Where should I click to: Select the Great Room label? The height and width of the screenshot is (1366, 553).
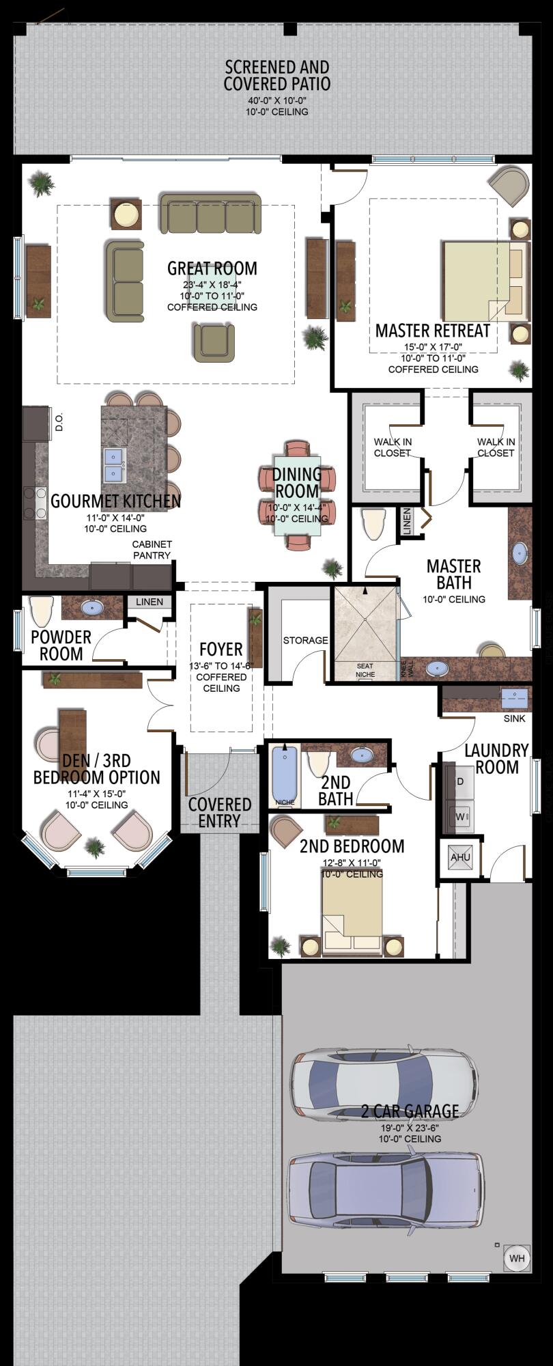tap(212, 268)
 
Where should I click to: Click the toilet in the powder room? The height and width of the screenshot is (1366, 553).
tap(42, 610)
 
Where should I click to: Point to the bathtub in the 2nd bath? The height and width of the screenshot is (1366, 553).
tap(285, 775)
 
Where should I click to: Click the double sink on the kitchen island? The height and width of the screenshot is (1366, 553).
tap(114, 465)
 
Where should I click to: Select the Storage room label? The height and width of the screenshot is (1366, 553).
tap(305, 640)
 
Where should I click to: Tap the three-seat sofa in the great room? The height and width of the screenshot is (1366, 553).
tap(210, 213)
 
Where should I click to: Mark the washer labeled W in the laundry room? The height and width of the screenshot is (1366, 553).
tap(460, 816)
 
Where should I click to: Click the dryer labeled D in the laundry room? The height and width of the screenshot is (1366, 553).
tap(460, 781)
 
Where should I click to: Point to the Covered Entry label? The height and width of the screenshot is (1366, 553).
tap(219, 812)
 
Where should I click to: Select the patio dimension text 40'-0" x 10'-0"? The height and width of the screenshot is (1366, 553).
tap(276, 100)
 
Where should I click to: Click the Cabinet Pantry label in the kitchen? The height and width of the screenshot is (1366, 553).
tap(152, 550)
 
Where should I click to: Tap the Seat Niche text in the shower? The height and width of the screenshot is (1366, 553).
tap(365, 670)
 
